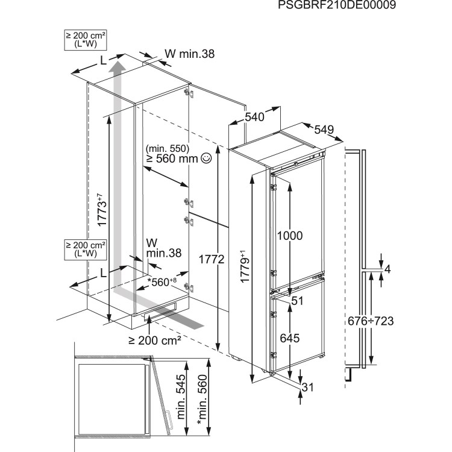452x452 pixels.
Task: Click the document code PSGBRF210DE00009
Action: tap(387, 6)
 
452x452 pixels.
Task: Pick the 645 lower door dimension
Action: tap(290, 338)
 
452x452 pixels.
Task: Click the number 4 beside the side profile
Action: tap(388, 269)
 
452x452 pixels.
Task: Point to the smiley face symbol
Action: tap(207, 159)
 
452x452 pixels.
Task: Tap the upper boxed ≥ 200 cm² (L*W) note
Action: tap(85, 40)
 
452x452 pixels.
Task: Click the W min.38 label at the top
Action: tap(189, 54)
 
